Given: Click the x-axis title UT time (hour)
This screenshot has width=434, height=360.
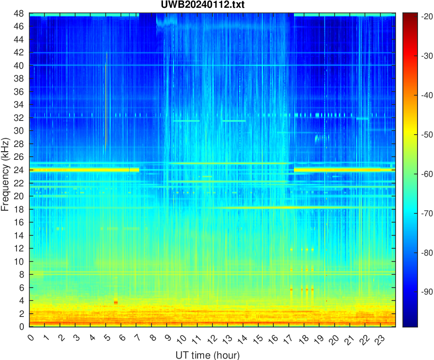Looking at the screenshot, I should point(207,355).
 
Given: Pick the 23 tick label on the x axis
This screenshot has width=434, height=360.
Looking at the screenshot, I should point(380,338).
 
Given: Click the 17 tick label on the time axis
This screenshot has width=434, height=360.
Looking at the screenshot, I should point(288,338).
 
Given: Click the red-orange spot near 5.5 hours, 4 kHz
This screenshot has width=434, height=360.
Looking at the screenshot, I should point(116,302).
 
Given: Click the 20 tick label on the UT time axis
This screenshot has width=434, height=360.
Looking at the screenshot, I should point(334,338).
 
